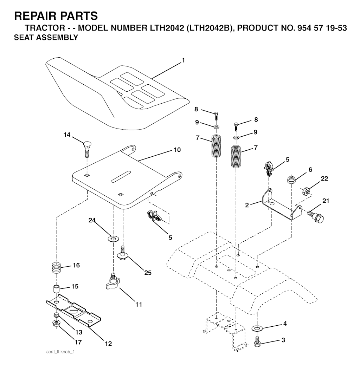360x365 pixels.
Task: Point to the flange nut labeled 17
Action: click(x=56, y=322)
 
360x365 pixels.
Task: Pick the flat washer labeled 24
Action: click(x=113, y=240)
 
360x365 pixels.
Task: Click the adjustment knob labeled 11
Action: click(x=114, y=281)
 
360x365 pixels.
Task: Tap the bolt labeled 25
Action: click(x=123, y=253)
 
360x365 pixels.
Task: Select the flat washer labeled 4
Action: click(x=258, y=328)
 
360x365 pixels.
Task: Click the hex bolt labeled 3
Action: click(x=258, y=340)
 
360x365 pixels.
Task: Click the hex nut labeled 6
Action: click(x=291, y=180)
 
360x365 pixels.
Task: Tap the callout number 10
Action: click(x=177, y=150)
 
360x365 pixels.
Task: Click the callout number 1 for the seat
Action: click(x=183, y=60)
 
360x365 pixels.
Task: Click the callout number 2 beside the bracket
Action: click(x=247, y=205)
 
